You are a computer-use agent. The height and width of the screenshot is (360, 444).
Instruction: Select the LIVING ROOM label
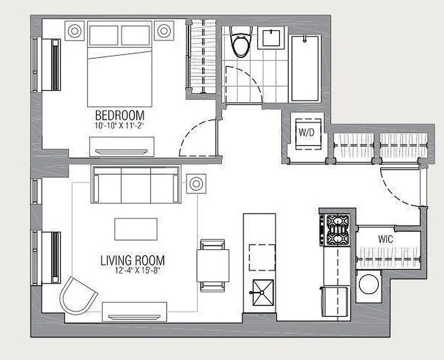coord(132,260)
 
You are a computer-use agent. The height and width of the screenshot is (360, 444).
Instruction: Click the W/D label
coord(305,134)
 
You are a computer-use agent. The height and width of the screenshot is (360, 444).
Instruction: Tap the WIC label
coord(385,239)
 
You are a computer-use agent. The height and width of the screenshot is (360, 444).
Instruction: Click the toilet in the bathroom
coord(239,42)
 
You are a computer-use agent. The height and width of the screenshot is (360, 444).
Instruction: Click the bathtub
coord(305,68)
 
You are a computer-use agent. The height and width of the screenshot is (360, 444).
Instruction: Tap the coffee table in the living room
coord(136,229)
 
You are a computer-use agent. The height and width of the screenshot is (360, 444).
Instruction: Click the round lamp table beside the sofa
coord(196,184)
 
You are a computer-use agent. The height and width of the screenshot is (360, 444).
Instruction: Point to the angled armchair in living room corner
coord(78,295)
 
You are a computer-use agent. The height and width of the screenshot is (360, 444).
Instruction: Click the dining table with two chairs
coord(213,265)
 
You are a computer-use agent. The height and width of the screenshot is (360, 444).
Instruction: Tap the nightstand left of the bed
coord(74,31)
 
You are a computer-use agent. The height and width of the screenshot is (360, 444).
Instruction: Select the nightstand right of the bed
coord(164,31)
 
